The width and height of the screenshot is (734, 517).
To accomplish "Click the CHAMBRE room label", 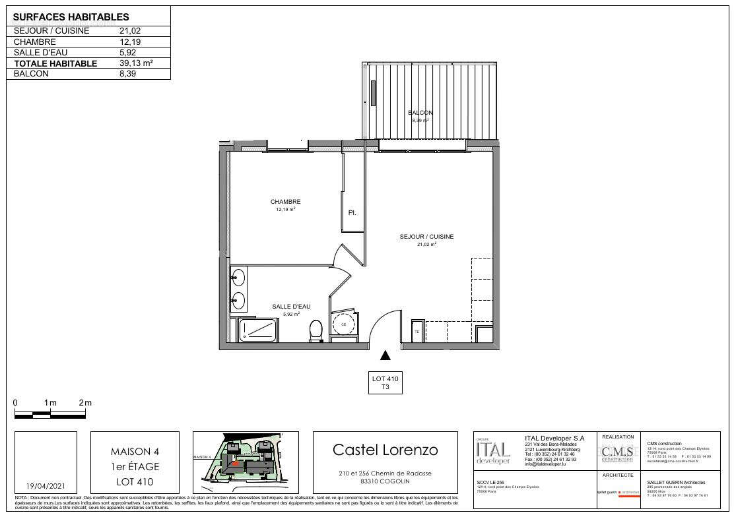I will click(x=285, y=202).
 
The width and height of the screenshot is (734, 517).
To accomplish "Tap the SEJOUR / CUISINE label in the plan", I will click(x=426, y=237).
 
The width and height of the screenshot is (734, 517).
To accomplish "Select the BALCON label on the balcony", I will click(x=420, y=113).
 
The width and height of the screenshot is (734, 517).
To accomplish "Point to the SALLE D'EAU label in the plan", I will click(x=291, y=307).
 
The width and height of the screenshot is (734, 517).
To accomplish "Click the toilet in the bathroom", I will click(x=316, y=330).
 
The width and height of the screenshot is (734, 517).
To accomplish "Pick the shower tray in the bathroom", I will click(x=257, y=330).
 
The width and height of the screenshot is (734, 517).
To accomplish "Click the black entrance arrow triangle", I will click(x=385, y=355).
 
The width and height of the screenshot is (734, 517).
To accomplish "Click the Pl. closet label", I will click(x=352, y=213).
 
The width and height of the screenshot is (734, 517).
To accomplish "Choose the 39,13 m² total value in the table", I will click(x=136, y=63).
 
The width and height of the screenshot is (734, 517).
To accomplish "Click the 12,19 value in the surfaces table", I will click(x=129, y=42).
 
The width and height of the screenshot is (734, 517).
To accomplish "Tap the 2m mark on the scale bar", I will click(x=85, y=403).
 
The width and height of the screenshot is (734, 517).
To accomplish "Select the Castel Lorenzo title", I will click(x=385, y=450).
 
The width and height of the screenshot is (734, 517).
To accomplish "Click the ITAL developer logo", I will click(x=492, y=452).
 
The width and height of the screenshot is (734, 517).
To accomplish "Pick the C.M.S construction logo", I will click(x=617, y=453).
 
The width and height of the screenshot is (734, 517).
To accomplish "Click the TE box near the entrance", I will click(x=417, y=332).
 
